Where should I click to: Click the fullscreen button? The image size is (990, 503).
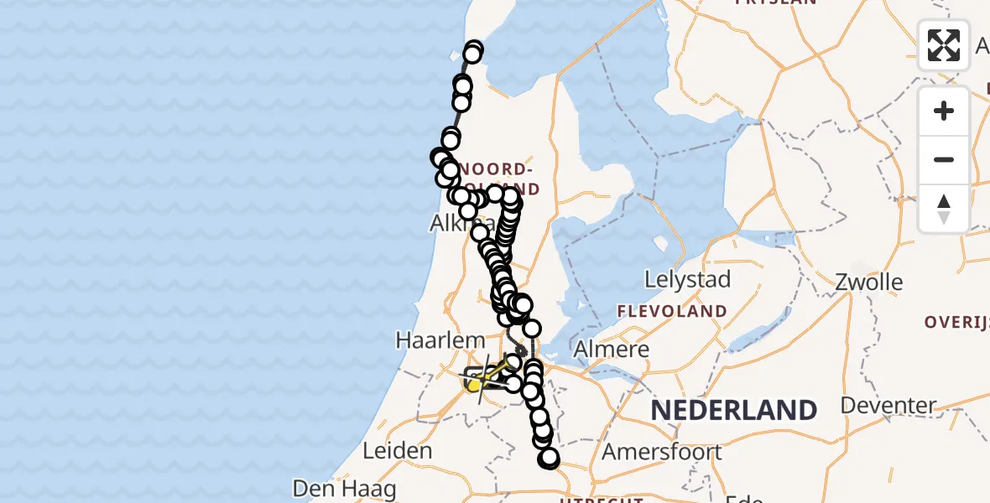(944, 45)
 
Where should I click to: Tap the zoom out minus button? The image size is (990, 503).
(944, 159)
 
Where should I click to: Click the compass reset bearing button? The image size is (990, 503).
(944, 208)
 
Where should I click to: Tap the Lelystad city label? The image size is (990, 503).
(687, 279)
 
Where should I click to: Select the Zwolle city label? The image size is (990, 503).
(868, 282)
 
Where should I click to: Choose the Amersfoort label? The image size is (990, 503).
(662, 452)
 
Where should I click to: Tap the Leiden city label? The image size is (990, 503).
(398, 450)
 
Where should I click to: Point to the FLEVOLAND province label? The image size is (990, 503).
(672, 311)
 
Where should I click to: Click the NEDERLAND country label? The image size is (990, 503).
(734, 410)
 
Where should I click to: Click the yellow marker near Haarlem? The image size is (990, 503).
(474, 385)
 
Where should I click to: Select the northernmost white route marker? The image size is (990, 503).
(474, 49)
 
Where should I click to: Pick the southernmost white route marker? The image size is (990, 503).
(550, 458)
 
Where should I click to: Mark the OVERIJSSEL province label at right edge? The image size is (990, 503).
(956, 321)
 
